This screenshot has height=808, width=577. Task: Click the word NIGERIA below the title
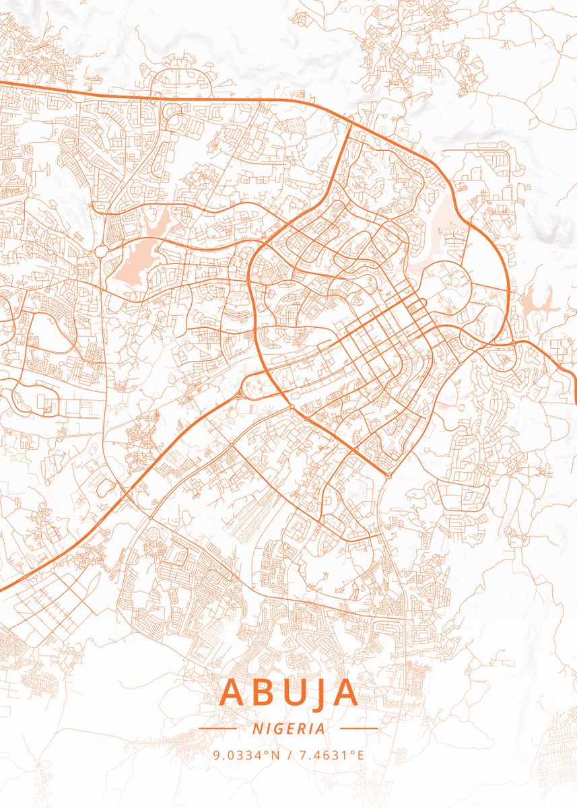[289, 729]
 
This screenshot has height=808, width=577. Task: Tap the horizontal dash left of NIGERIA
[218, 729]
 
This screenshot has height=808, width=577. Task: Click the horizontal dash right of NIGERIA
[359, 729]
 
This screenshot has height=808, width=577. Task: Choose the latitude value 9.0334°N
[246, 755]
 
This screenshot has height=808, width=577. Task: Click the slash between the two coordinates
[289, 755]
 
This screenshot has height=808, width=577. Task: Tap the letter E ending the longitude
[360, 755]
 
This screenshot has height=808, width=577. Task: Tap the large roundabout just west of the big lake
[101, 251]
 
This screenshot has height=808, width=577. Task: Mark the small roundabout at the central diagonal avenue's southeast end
[389, 476]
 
